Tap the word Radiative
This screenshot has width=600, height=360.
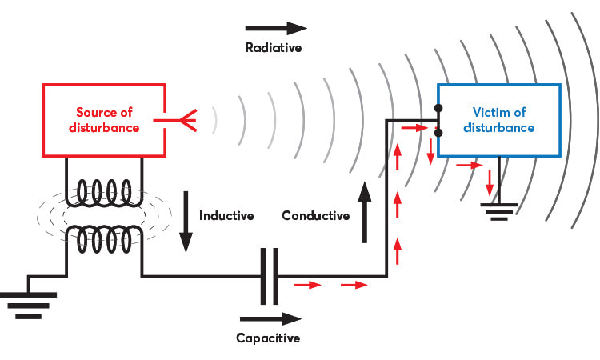click(272, 47)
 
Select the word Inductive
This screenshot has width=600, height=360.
click(226, 216)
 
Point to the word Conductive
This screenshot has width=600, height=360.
click(315, 216)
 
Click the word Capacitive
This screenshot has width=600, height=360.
click(268, 338)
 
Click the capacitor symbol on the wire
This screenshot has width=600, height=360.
click(268, 276)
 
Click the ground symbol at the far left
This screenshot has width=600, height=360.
click(28, 304)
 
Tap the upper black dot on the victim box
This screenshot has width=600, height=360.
click(438, 108)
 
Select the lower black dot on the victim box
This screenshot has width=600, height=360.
click(438, 133)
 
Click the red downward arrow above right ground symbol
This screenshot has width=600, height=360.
click(490, 183)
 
